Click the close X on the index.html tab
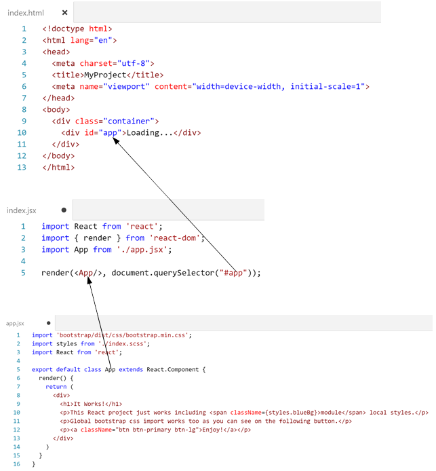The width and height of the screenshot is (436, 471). [x=64, y=12]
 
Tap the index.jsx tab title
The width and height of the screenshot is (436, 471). [x=22, y=210]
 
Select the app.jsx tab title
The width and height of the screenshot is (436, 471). [x=15, y=324]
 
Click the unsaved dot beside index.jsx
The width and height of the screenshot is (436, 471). [x=64, y=210]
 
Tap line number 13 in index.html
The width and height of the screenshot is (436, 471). [x=22, y=167]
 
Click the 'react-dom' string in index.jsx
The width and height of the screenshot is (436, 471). [x=175, y=238]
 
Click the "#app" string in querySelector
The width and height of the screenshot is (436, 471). [x=238, y=273]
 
